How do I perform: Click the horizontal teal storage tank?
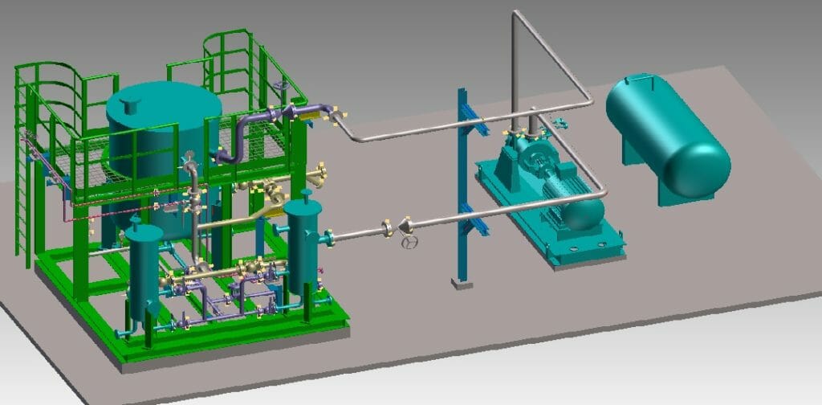(x=666, y=133)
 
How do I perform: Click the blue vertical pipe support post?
(x=462, y=185)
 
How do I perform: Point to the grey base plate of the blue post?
(x=461, y=283)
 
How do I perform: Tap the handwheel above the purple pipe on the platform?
(x=279, y=85)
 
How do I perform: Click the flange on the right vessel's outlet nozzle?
(x=330, y=237)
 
